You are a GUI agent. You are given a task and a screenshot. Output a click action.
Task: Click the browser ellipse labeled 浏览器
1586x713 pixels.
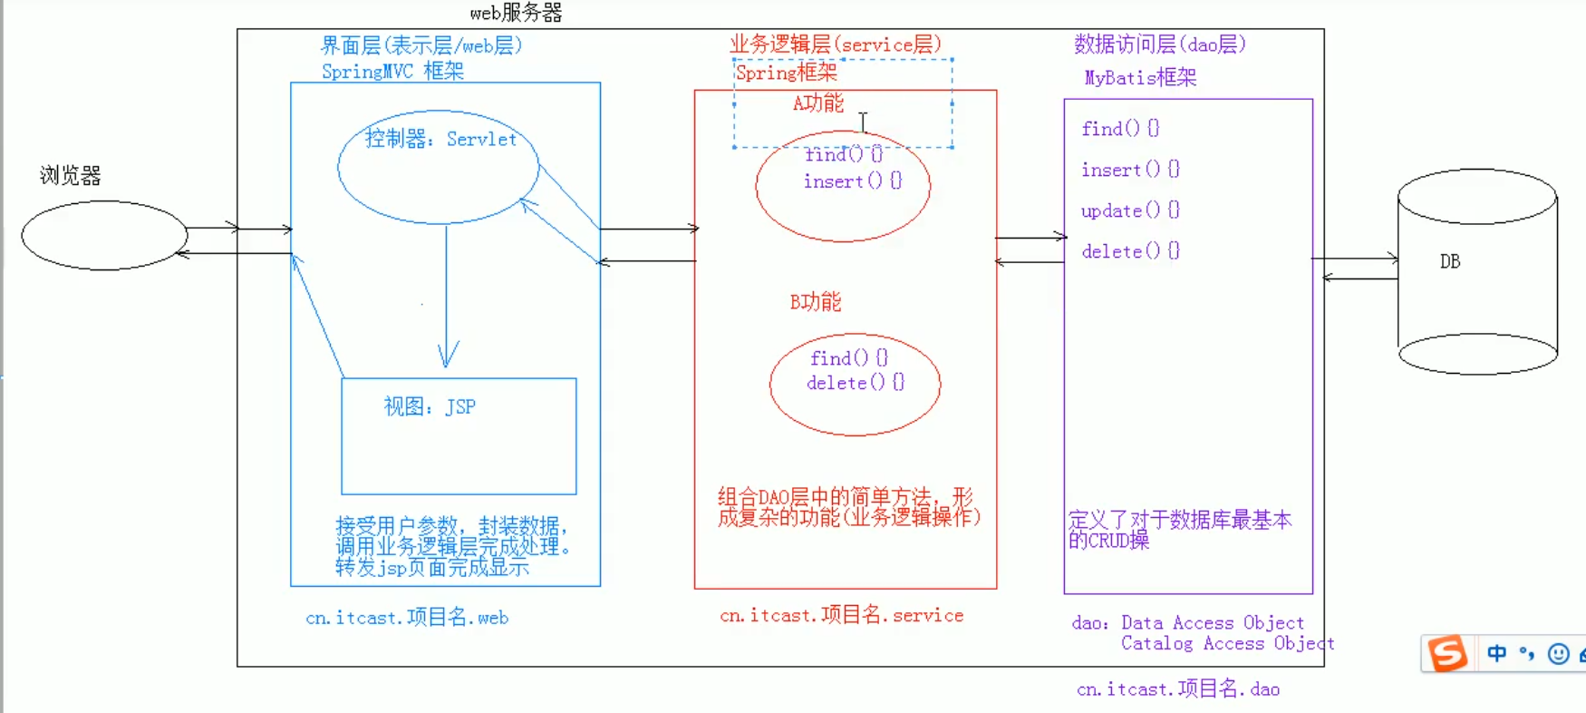click(x=104, y=235)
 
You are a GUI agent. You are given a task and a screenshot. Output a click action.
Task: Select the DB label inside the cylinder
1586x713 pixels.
click(x=1450, y=261)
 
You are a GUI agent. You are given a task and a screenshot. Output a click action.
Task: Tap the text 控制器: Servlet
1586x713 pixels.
click(x=440, y=139)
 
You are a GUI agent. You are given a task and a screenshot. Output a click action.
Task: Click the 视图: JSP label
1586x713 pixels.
click(x=430, y=406)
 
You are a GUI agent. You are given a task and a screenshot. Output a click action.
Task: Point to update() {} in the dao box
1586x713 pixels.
click(x=1129, y=210)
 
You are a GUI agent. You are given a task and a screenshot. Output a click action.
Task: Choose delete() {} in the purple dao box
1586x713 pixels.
click(x=1129, y=251)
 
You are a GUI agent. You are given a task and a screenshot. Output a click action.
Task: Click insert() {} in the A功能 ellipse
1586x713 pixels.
click(x=852, y=181)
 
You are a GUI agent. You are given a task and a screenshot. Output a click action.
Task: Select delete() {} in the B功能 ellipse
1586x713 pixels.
click(x=855, y=383)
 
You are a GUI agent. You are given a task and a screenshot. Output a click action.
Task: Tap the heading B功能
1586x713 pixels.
click(x=815, y=302)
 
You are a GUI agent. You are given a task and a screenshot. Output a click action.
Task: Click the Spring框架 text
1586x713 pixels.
click(x=786, y=73)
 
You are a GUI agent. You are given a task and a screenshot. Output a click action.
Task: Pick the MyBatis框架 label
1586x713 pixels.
click(x=1140, y=78)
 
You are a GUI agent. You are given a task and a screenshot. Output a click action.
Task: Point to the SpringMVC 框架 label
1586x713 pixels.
click(x=392, y=71)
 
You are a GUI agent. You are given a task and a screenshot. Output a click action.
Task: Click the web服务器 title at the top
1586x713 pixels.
click(x=516, y=13)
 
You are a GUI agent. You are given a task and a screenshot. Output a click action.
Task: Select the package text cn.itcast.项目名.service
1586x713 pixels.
click(x=841, y=615)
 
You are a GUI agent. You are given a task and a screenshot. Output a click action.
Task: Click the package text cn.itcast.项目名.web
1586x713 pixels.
click(x=407, y=618)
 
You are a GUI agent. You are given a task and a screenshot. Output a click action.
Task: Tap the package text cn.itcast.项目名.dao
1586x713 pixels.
click(x=1177, y=689)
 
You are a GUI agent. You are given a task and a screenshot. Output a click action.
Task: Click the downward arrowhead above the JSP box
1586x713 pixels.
click(x=448, y=356)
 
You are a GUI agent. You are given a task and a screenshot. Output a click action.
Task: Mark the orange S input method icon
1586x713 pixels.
click(x=1447, y=653)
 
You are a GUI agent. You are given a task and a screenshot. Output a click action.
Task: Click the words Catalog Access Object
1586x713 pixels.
click(x=1226, y=644)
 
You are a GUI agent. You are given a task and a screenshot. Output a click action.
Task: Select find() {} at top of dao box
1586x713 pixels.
click(x=1119, y=129)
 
